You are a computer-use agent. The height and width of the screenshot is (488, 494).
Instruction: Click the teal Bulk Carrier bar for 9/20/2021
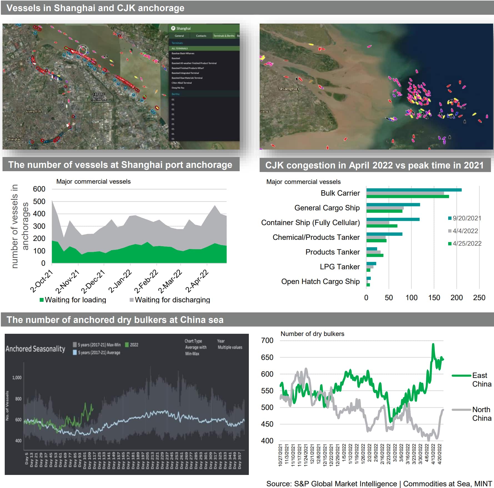[414, 190]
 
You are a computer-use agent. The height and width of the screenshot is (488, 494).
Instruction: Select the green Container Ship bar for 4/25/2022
[382, 226]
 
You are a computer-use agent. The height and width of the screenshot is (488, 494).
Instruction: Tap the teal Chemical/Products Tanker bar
[384, 234]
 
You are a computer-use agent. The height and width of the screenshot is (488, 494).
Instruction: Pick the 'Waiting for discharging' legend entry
[172, 300]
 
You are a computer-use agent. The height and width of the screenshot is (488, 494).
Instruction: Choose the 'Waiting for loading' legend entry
[75, 300]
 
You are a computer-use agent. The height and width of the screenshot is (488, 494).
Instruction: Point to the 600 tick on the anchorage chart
[39, 189]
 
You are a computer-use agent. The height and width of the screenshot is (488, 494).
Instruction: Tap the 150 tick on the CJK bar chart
[434, 298]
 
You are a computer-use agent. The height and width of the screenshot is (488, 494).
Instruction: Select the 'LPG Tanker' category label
[340, 267]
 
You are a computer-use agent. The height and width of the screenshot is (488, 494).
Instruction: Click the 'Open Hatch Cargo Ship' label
[320, 282]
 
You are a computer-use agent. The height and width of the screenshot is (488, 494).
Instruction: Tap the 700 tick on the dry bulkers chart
[267, 340]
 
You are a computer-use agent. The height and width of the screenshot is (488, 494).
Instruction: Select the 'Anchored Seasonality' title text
[35, 349]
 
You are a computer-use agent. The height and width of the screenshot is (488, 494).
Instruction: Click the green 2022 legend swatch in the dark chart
[127, 345]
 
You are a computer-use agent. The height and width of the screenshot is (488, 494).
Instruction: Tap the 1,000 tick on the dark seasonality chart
[17, 377]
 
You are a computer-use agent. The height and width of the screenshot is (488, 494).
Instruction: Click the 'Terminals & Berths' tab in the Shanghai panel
[224, 36]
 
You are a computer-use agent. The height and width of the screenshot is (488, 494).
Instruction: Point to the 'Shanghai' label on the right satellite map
[289, 89]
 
